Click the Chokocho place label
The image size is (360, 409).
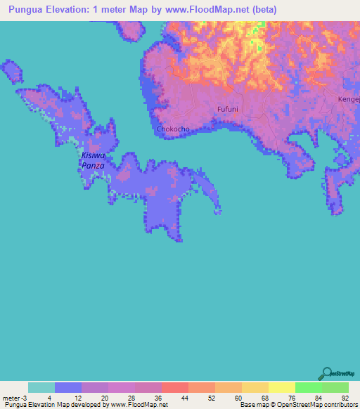click(172, 129)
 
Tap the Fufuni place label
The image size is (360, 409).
click(229, 110)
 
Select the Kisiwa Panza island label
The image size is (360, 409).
click(93, 160)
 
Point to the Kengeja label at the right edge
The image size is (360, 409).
click(349, 100)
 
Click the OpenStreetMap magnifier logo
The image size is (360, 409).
click(328, 372)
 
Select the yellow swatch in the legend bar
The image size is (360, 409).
click(281, 387)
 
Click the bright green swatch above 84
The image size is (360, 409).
click(308, 387)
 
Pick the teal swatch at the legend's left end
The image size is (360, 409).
click(41, 387)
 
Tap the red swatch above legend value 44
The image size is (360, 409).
click(174, 387)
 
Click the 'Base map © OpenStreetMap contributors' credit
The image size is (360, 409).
click(299, 405)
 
